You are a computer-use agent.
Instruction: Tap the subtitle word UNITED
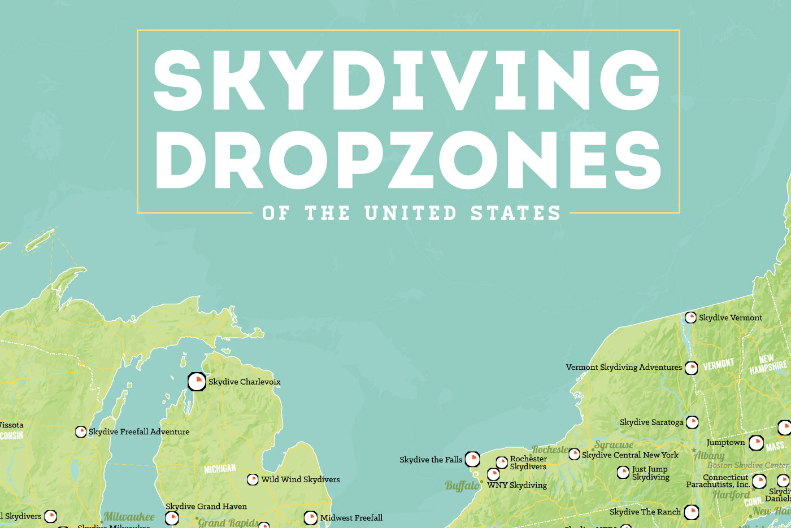pos(410,213)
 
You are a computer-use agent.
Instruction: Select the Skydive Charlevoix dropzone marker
pos(197,382)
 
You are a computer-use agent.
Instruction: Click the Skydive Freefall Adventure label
pos(139,431)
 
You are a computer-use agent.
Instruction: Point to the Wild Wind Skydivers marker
pos(253,479)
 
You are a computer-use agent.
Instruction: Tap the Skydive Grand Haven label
pos(206,507)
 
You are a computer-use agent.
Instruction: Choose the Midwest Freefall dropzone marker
pos(310,517)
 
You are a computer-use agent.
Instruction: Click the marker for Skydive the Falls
pos(472,459)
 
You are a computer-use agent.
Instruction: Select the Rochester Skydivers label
pos(528,462)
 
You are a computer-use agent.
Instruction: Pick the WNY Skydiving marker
pos(493,474)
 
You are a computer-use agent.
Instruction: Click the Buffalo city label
pos(462,486)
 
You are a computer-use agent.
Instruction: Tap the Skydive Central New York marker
pos(574,454)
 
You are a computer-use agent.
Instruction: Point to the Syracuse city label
pos(614,445)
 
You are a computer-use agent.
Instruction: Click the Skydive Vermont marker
pos(690,317)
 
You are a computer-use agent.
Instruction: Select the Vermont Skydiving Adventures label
pos(624,367)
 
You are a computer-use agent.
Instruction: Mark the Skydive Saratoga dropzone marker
pos(692,422)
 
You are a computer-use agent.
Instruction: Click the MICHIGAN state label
pos(220,469)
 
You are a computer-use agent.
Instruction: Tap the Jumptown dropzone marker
pos(756,443)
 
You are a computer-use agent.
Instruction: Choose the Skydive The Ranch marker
pos(691,512)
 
